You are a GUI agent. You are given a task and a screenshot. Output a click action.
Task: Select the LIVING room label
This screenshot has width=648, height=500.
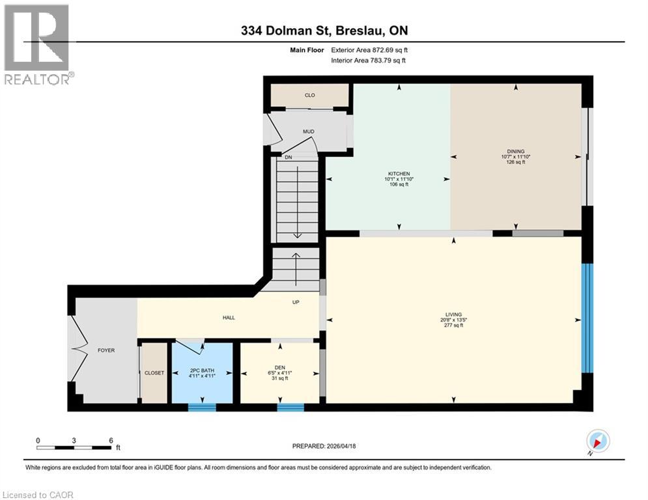(453, 314)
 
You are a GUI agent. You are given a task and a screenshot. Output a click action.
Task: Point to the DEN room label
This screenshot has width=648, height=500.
(280, 368)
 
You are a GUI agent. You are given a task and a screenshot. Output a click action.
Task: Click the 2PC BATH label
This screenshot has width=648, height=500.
(201, 368)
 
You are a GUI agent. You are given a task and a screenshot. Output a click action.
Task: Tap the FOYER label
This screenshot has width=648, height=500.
(106, 350)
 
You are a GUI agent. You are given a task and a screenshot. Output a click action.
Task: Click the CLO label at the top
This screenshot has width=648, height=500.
(309, 96)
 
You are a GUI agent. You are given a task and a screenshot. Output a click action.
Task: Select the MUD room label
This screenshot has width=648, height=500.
(308, 132)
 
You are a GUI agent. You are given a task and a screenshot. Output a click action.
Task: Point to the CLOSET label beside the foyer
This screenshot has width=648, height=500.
(154, 373)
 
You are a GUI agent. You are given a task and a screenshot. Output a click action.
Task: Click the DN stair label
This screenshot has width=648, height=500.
(287, 157)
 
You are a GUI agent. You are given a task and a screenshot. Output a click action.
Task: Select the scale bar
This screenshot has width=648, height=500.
(73, 447)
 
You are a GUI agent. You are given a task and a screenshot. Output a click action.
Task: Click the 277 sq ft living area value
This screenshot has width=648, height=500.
(453, 326)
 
